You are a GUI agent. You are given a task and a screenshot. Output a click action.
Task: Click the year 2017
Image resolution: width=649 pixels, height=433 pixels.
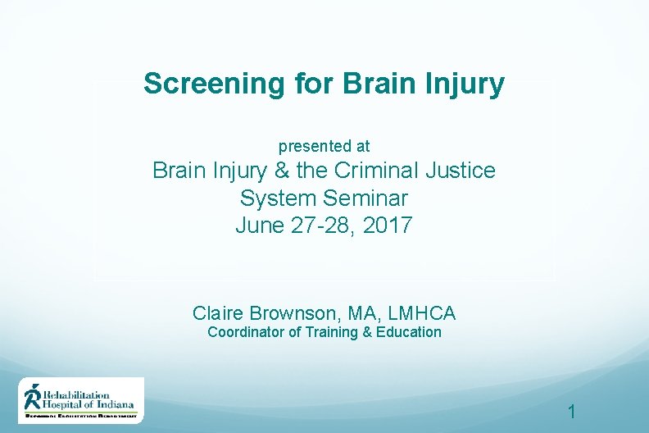[386, 225]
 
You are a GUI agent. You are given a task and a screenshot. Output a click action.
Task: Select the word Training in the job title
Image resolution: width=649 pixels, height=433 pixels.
[334, 332]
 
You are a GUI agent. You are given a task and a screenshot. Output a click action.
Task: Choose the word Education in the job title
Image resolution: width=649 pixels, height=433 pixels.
[409, 332]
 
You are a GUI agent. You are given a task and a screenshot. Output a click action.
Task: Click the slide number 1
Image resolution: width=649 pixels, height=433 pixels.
[572, 412]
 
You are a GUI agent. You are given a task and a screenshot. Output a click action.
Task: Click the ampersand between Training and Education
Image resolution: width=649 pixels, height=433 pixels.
[368, 332]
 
